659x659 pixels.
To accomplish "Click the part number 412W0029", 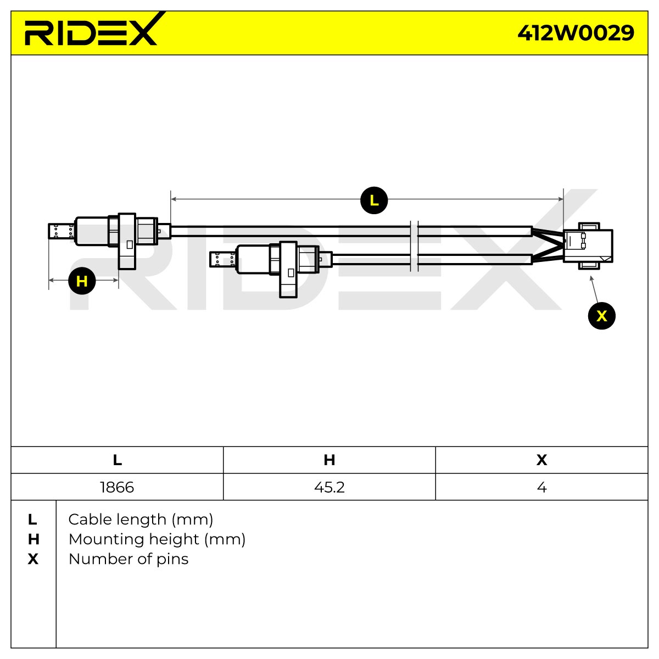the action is [x=576, y=33].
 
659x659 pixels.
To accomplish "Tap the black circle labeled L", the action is [x=374, y=200].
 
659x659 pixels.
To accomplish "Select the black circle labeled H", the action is [x=82, y=281].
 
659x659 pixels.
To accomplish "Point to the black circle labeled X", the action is [x=601, y=316].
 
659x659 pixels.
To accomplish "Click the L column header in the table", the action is [x=118, y=460].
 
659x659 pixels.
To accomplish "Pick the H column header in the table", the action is [x=329, y=460].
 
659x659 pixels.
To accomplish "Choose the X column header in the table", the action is [x=541, y=460].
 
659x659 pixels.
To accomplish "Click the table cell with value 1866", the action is [x=117, y=487].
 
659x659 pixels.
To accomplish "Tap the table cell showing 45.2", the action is [x=329, y=487].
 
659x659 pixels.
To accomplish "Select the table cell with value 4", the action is [x=541, y=487].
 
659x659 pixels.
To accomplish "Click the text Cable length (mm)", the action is [x=141, y=520].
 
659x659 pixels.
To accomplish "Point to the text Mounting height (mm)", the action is [x=157, y=539].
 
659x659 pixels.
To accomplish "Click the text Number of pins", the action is [x=129, y=559].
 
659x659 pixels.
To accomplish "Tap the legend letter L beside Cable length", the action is [x=32, y=520].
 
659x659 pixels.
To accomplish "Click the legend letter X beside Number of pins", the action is [x=33, y=559].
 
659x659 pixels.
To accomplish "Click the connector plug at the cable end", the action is [x=588, y=246].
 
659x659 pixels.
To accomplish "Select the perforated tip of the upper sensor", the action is [x=62, y=231].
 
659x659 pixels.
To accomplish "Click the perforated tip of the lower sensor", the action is [x=223, y=259].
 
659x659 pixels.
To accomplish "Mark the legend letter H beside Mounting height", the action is [x=33, y=539].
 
